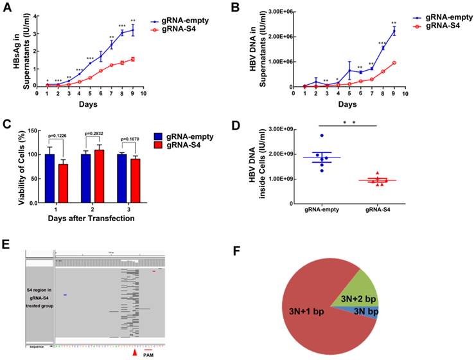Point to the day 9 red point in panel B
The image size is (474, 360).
[376, 62]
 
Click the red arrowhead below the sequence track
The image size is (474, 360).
[134, 353]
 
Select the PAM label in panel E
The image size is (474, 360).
[149, 355]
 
